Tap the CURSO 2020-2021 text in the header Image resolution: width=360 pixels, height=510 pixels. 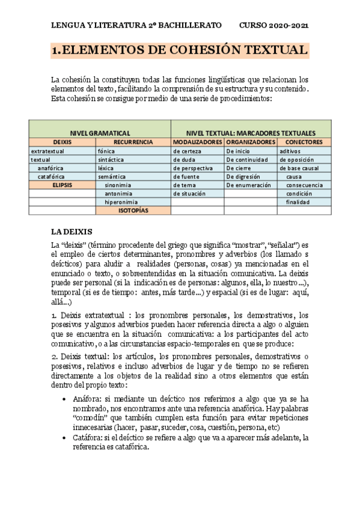pos(274,26)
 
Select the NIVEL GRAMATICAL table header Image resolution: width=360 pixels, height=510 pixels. pos(100,132)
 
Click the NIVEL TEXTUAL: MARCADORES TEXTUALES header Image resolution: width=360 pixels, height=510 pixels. pos(251,132)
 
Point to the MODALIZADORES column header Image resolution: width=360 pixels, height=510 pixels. pos(197,142)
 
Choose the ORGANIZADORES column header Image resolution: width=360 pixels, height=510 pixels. pos(251,142)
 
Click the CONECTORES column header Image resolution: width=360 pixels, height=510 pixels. pos(305,142)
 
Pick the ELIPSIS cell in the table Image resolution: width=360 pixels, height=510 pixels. pos(63,185)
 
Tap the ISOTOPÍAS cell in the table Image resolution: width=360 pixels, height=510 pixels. pos(133,211)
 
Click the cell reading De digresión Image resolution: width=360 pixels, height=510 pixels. pos(245,177)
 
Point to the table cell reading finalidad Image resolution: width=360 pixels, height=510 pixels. pos(298,203)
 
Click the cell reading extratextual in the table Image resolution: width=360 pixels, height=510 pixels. pos(47,151)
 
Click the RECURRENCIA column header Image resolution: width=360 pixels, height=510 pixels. pos(133,142)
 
